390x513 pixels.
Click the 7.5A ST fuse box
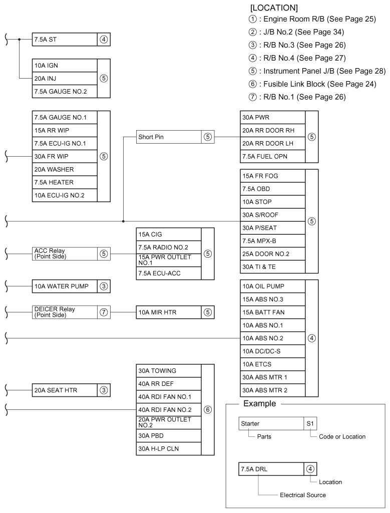pos(64,39)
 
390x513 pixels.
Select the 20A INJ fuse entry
pos(64,78)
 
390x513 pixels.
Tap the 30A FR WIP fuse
pos(64,156)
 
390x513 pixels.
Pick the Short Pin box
pos(168,137)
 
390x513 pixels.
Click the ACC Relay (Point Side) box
pos(64,253)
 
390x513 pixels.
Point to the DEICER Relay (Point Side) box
pos(64,312)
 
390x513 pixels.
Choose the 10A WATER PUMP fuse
pos(64,286)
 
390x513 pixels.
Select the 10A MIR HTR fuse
pos(168,312)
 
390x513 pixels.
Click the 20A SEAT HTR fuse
pos(64,390)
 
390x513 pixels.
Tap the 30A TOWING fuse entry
pos(168,371)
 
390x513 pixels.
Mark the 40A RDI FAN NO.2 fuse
pos(168,410)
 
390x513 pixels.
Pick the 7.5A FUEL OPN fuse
pos(272,156)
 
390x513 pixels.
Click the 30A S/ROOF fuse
pos(272,215)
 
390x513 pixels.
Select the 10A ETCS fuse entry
pos(272,364)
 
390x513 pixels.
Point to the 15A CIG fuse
pos(168,234)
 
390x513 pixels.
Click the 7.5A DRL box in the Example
pos(272,469)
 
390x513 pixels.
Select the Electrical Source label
pos(302,495)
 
